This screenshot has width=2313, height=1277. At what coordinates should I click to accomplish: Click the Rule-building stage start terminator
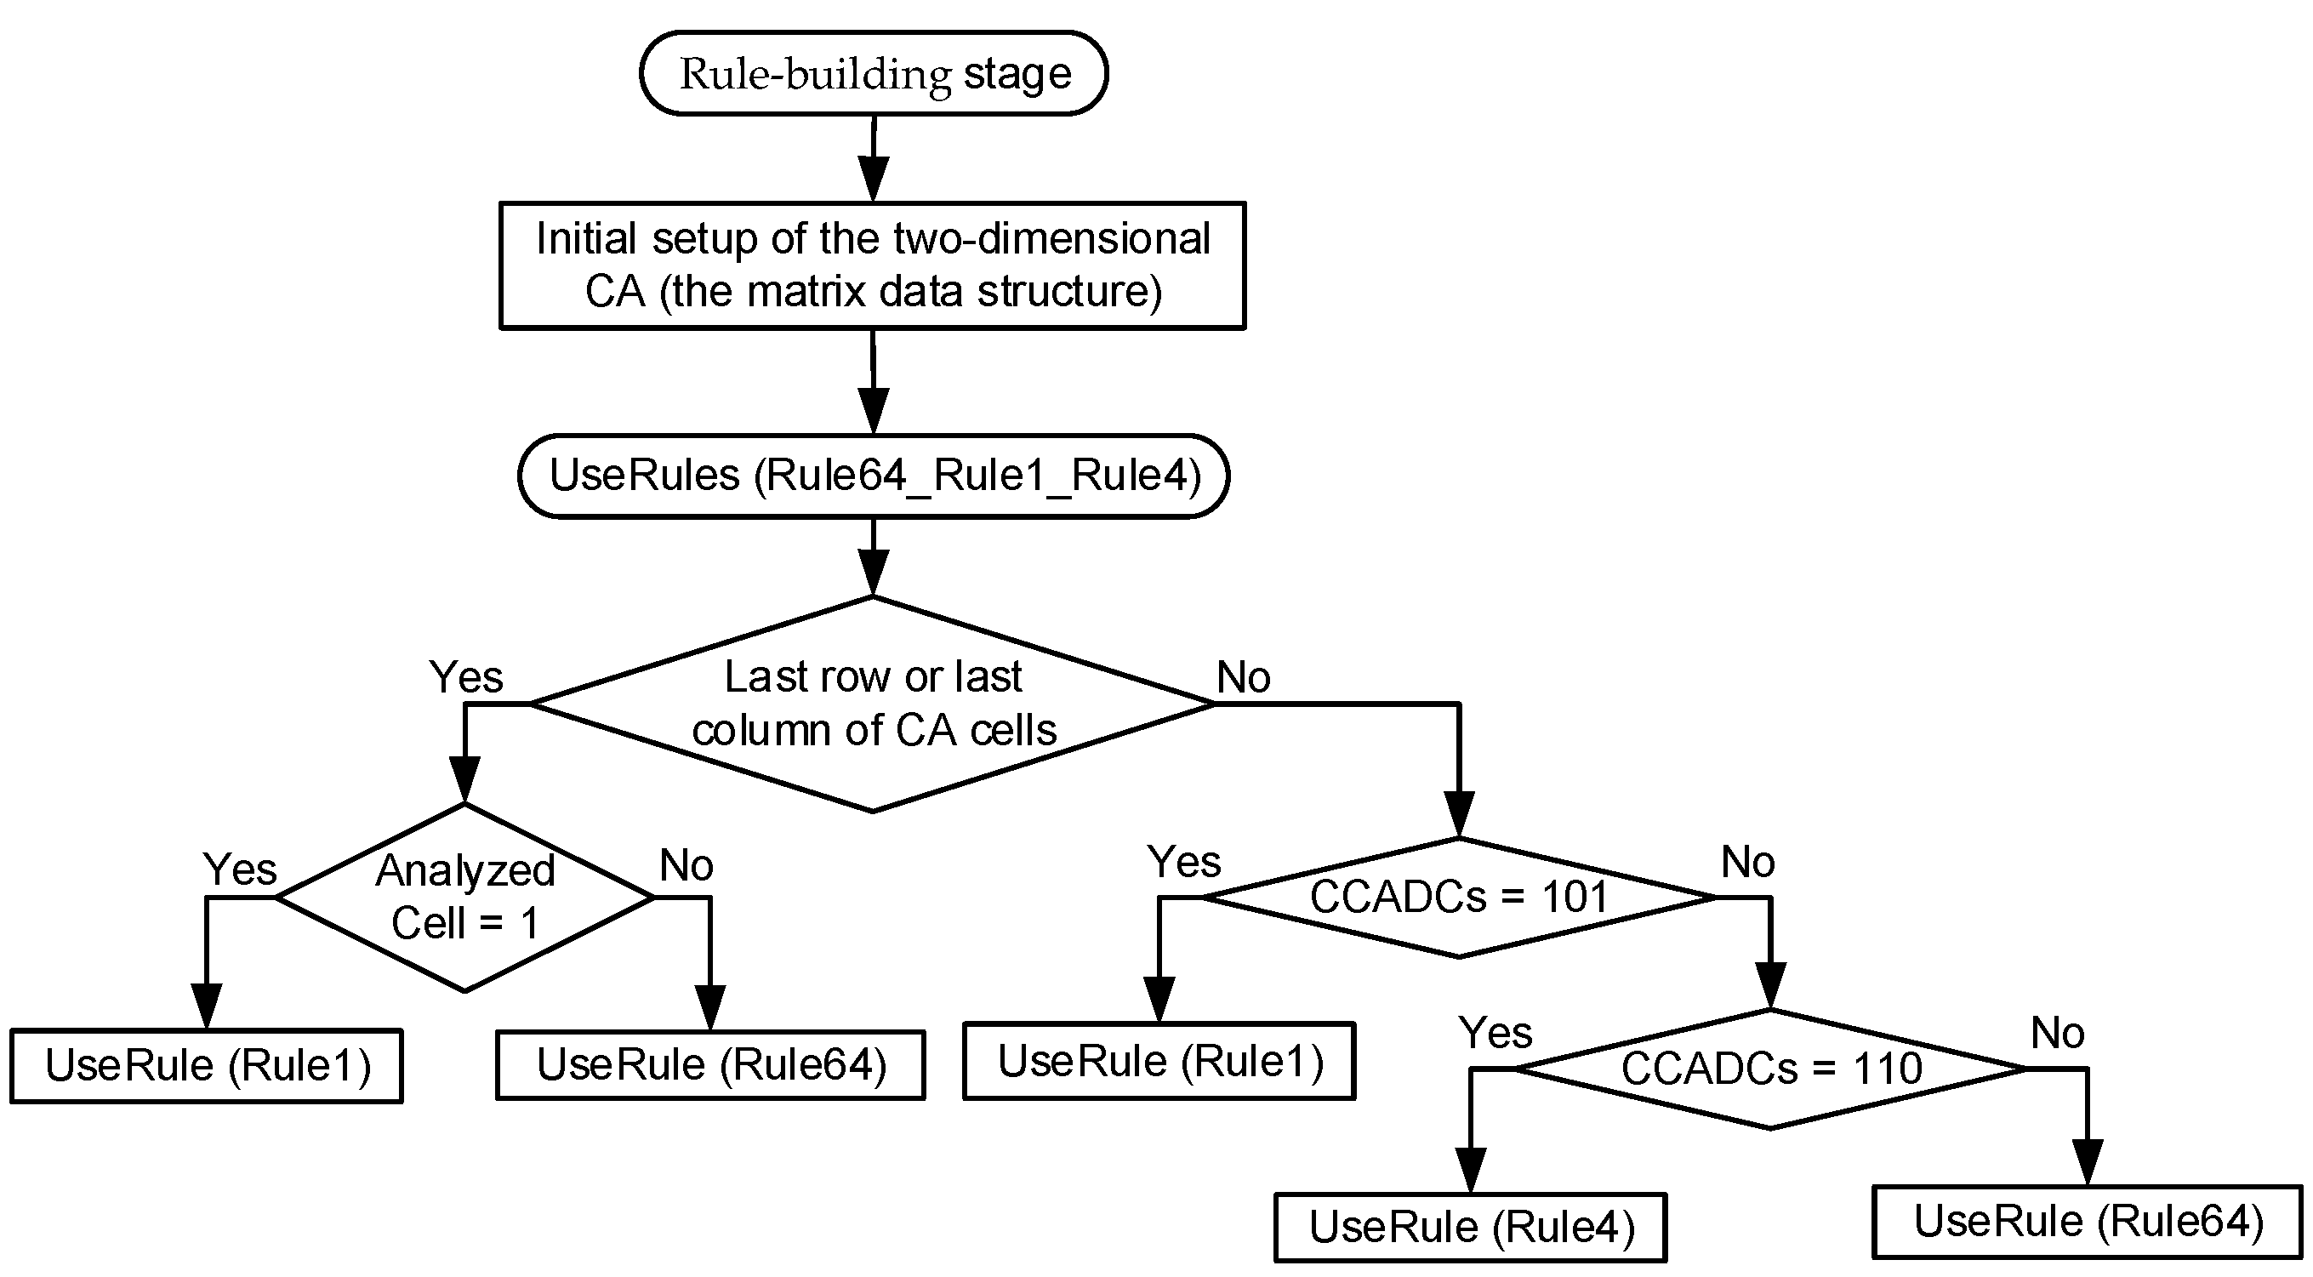[873, 73]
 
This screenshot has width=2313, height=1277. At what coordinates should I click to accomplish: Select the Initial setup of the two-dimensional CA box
[873, 265]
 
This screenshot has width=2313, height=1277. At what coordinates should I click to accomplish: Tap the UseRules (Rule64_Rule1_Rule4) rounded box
[873, 475]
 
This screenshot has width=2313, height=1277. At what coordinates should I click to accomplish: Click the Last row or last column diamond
[873, 703]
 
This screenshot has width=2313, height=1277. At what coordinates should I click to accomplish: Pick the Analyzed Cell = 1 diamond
[464, 896]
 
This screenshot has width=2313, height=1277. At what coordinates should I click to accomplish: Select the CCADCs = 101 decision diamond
[1458, 896]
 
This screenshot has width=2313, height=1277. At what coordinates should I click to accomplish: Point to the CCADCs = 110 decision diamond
[1769, 1068]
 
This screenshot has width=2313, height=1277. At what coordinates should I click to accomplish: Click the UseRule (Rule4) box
[1470, 1227]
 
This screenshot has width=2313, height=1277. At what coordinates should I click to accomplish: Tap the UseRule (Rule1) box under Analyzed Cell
[207, 1065]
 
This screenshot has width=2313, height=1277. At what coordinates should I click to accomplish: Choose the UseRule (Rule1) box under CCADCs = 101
[1159, 1061]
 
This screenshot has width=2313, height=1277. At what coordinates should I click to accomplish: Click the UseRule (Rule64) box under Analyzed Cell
[710, 1064]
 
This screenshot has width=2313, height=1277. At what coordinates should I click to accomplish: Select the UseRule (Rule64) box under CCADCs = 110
[2088, 1222]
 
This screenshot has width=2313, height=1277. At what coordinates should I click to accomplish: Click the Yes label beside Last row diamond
[465, 676]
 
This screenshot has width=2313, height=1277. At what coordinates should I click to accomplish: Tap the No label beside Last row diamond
[1243, 676]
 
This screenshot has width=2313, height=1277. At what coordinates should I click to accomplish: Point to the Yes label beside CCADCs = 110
[1494, 1032]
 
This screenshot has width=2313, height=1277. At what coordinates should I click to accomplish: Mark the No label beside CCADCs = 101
[1746, 861]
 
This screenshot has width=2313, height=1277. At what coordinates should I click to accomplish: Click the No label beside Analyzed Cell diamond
[686, 864]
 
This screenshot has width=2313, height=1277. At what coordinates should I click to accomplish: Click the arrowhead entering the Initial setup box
[873, 180]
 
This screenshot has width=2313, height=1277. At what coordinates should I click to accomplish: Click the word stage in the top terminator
[1017, 73]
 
